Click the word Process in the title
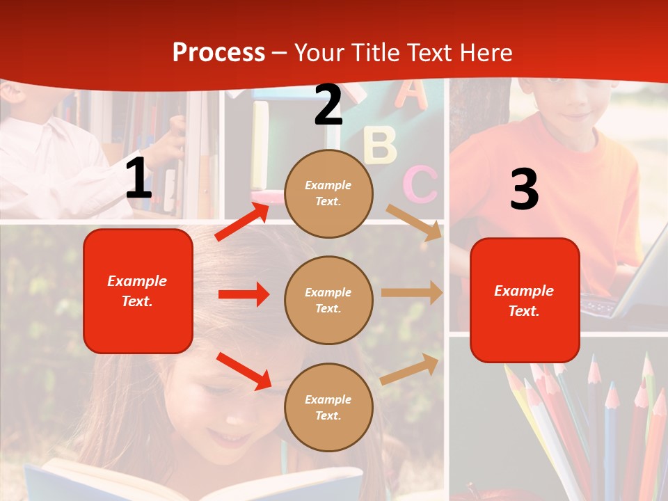[x=218, y=53]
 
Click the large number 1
[x=138, y=179]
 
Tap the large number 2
[x=328, y=105]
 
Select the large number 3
[x=524, y=190]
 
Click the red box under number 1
[x=138, y=291]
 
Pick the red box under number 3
[x=525, y=300]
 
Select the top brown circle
[x=328, y=193]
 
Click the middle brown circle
[x=328, y=300]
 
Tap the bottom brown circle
[x=328, y=407]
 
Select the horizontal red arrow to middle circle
[x=244, y=294]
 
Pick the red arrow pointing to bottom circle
[x=244, y=371]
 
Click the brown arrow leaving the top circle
[x=414, y=222]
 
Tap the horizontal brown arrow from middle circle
[x=412, y=293]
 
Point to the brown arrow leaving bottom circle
[x=410, y=369]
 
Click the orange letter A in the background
[x=411, y=95]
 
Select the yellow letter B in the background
[x=380, y=144]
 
